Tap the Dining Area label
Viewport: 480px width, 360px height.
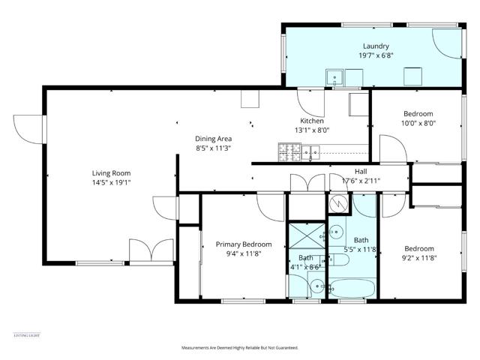(x=213, y=138)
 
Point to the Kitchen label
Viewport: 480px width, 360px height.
(x=312, y=121)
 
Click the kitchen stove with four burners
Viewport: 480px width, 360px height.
(x=289, y=152)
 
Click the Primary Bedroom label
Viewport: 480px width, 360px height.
(x=244, y=244)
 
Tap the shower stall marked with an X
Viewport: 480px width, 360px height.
(x=308, y=236)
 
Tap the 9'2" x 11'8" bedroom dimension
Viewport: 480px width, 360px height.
(x=419, y=259)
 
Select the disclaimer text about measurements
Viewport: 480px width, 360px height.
(x=240, y=348)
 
